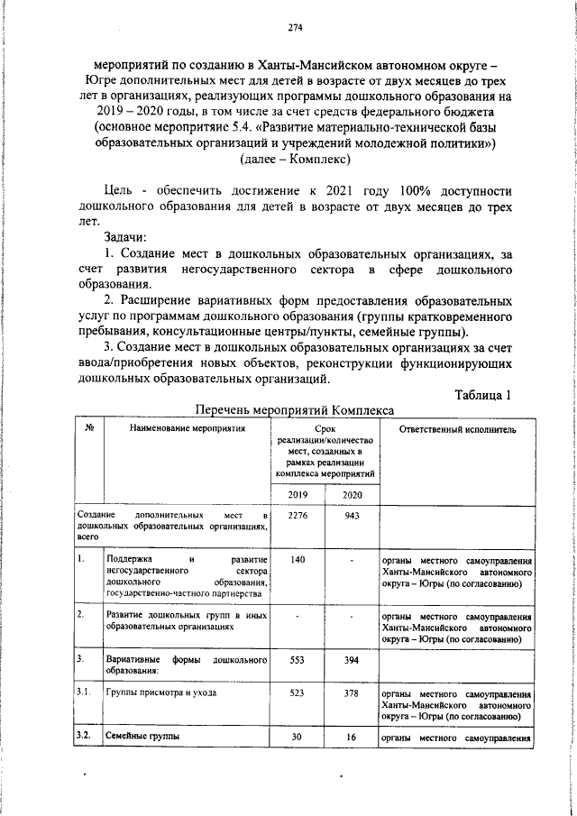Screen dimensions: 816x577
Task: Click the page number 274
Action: click(294, 28)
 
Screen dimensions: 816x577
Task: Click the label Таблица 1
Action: click(484, 393)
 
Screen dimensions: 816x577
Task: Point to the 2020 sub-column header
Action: click(351, 494)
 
